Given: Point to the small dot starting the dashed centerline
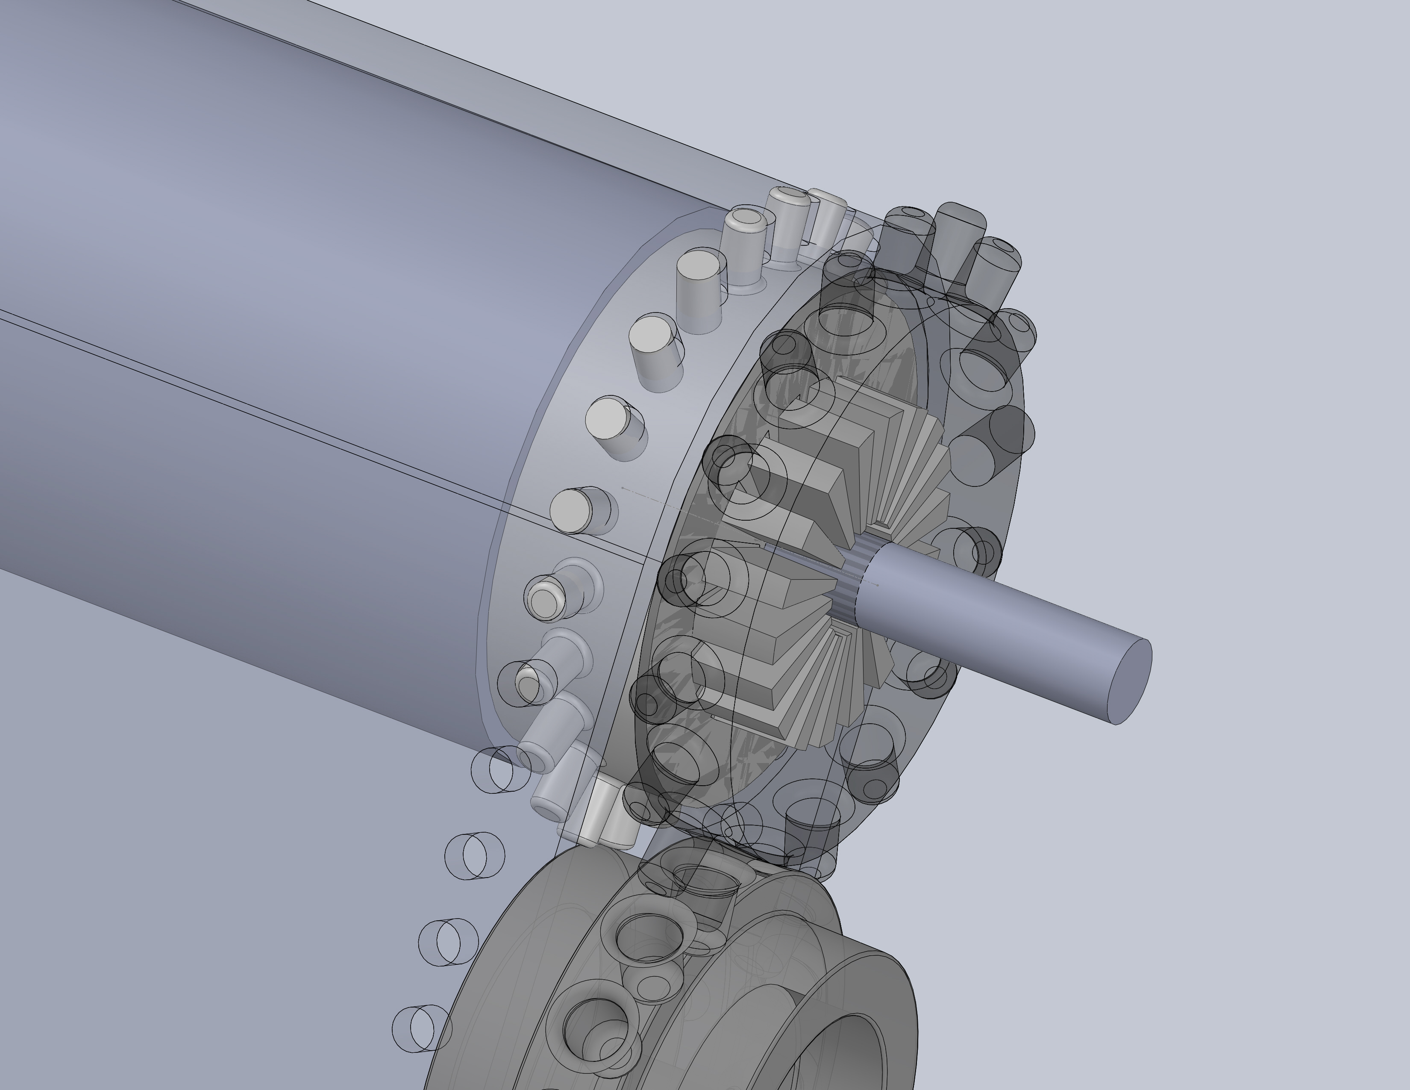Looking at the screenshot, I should pos(622,489).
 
